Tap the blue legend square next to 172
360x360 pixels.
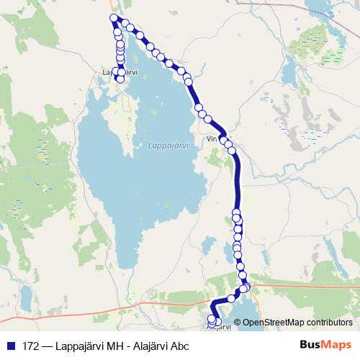pyautogui.click(x=9, y=346)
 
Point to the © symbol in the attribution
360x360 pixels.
pyautogui.click(x=238, y=322)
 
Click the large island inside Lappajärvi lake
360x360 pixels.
pyautogui.click(x=119, y=130)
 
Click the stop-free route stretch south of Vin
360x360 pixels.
pyautogui.click(x=238, y=180)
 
